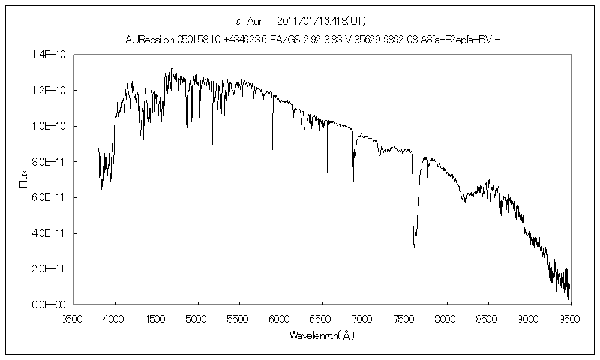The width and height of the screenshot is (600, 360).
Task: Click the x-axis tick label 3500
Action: [73, 319]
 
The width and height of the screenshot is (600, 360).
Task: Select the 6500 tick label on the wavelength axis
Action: [322, 319]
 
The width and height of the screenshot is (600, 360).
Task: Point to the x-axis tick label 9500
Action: [570, 319]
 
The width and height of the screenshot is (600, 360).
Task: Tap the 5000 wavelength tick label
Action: [197, 319]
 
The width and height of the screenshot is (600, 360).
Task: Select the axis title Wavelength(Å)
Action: [322, 335]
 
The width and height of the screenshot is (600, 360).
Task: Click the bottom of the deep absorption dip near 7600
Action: [415, 247]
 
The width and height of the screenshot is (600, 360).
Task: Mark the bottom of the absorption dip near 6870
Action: [353, 184]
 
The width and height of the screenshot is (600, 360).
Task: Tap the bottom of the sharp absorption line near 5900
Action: [272, 152]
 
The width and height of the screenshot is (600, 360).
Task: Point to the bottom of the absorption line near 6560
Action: [328, 173]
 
